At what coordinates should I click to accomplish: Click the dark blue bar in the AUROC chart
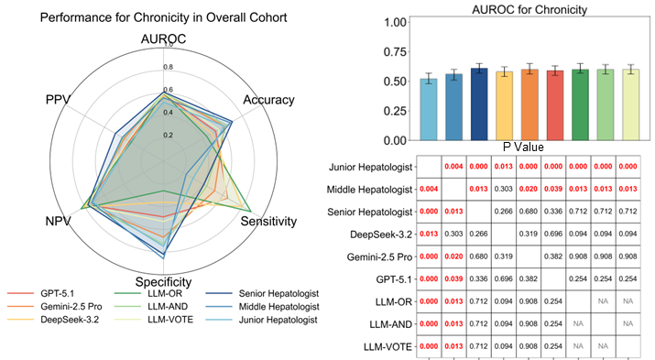click(x=479, y=104)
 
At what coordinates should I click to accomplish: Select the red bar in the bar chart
click(x=555, y=105)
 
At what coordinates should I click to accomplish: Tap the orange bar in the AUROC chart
click(x=529, y=104)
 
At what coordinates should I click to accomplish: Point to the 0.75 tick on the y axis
click(x=395, y=52)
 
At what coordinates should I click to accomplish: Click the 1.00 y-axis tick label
click(x=395, y=22)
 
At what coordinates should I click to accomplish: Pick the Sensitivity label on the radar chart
click(x=268, y=221)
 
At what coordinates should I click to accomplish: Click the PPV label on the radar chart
click(x=58, y=100)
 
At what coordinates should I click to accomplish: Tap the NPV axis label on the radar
click(x=58, y=221)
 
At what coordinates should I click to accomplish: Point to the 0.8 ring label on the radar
click(x=168, y=67)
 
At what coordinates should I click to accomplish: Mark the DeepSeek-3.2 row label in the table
click(x=380, y=235)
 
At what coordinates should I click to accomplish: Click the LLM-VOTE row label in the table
click(x=388, y=346)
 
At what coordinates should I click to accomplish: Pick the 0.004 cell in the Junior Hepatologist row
click(x=453, y=167)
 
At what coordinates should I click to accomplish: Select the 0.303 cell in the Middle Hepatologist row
click(x=503, y=190)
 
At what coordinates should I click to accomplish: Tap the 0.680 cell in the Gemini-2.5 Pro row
click(x=478, y=256)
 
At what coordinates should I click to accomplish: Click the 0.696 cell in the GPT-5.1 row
click(x=503, y=279)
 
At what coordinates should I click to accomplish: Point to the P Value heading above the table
click(x=523, y=147)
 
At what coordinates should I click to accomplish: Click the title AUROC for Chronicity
click(x=529, y=9)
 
